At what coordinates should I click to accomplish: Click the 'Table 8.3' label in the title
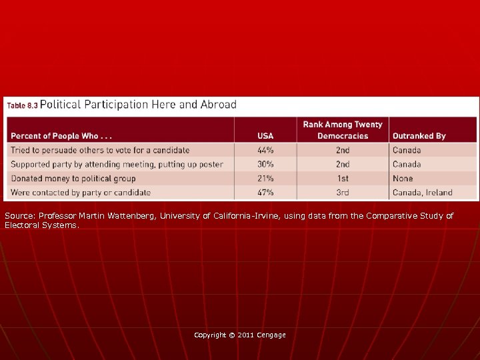[x=22, y=105]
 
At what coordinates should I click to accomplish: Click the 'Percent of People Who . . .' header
[x=59, y=136]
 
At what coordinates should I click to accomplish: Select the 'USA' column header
[x=265, y=136]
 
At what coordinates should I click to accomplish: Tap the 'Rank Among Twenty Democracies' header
[x=343, y=130]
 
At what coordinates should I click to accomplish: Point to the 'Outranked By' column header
[x=419, y=136]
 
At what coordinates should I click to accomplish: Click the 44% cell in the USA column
[x=265, y=151]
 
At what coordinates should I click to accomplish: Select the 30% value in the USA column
[x=265, y=165]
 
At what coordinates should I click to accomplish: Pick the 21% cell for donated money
[x=265, y=179]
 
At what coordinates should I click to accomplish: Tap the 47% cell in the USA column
[x=265, y=193]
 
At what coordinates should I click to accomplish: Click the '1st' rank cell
[x=343, y=179]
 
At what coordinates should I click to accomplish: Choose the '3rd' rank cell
[x=343, y=193]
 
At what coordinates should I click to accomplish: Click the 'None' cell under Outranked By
[x=403, y=179]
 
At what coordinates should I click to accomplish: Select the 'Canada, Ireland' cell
[x=422, y=193]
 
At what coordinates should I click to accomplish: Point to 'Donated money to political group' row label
[x=73, y=179]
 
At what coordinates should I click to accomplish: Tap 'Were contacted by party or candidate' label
[x=80, y=193]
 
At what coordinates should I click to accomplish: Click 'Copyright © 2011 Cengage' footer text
[x=239, y=335]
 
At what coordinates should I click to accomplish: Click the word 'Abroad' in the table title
[x=219, y=105]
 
